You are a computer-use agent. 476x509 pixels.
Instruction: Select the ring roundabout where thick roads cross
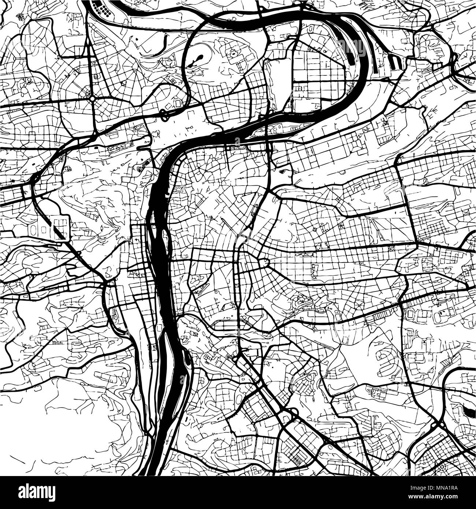coord(92,99)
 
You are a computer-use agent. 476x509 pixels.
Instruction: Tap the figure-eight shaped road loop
coord(164,115)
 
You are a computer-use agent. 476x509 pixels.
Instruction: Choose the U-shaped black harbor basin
coord(394,62)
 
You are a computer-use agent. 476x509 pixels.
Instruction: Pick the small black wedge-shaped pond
coord(283,171)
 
